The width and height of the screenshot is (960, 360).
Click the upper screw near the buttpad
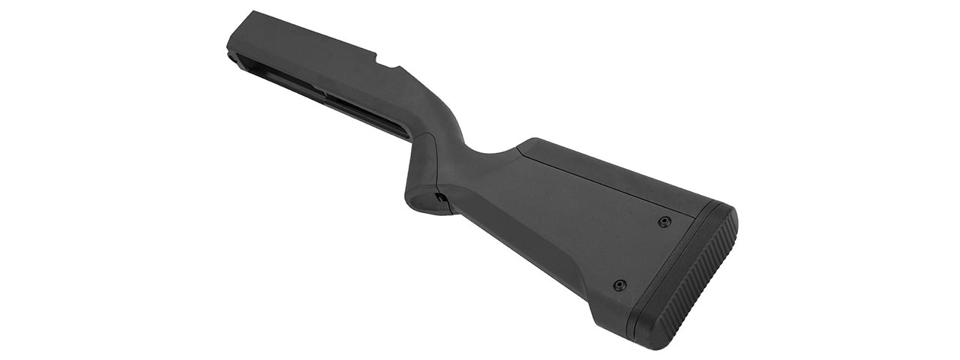(x=664, y=221)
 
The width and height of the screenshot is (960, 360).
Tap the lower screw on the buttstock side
(x=619, y=285)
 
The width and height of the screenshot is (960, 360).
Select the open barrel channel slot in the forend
(x=330, y=105)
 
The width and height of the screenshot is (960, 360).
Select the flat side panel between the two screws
(x=637, y=251)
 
